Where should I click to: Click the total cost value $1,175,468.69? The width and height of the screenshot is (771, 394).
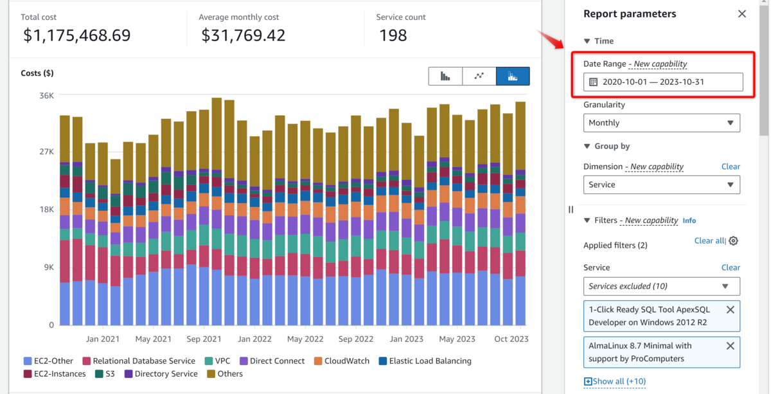[x=76, y=35]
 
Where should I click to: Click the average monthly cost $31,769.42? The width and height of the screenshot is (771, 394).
[x=243, y=35]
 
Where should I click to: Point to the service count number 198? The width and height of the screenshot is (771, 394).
[x=393, y=35]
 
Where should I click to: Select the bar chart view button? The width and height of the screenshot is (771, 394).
[x=445, y=76]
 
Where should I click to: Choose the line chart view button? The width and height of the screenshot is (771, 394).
[x=479, y=76]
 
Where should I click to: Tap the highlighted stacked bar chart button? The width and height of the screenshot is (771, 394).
[x=513, y=76]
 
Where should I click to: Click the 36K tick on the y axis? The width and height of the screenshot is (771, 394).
[x=47, y=95]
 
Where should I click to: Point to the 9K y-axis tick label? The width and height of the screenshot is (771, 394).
[x=49, y=267]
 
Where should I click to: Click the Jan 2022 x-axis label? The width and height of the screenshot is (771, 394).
[x=254, y=339]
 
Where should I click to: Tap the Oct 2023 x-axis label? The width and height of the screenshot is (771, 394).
[x=511, y=339]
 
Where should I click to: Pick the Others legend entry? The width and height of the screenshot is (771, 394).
[x=224, y=373]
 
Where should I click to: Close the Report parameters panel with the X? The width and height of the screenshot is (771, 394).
[x=741, y=13]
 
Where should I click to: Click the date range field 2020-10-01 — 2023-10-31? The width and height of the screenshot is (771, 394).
[x=662, y=82]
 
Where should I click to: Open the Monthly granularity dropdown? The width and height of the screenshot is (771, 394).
[x=661, y=123]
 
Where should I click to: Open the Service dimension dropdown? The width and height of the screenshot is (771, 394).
[x=661, y=184]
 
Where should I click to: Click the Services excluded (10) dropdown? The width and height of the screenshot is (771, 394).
[x=661, y=286]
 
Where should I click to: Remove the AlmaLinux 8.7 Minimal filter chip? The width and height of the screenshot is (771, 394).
[x=730, y=346]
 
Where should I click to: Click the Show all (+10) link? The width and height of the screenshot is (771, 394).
[x=615, y=381]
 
